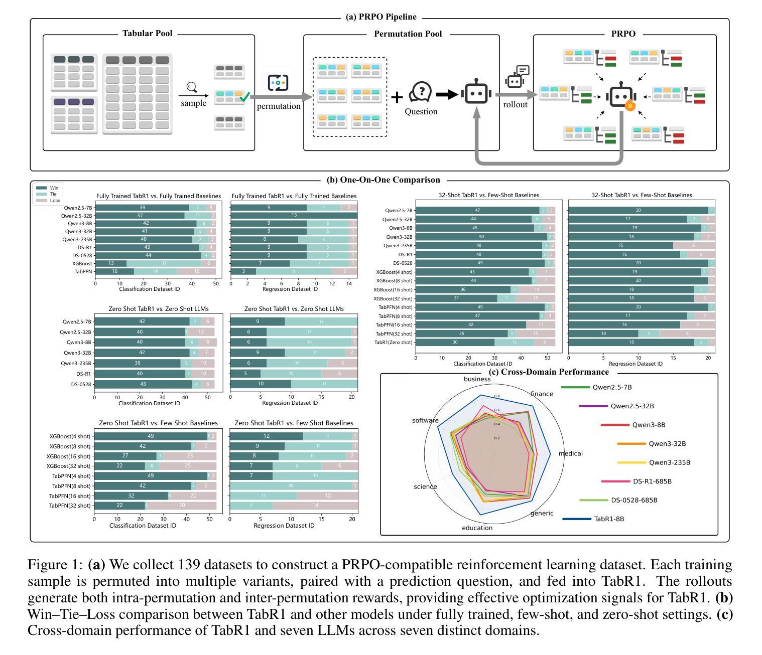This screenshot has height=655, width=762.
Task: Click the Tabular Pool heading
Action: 147,34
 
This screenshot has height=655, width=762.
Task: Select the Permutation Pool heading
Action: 408,34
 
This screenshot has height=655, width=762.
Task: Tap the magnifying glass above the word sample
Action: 191,88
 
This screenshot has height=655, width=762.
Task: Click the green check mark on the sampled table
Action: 244,97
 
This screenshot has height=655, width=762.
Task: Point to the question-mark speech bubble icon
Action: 421,92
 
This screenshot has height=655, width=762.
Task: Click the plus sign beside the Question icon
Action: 397,97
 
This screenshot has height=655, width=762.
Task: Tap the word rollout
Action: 515,104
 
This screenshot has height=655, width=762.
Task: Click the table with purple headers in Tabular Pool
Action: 73,115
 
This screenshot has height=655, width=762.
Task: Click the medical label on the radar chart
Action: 570,453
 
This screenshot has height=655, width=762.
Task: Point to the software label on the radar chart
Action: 425,420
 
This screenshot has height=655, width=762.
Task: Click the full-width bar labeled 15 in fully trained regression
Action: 294,216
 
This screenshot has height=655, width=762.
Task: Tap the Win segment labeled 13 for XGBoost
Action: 110,263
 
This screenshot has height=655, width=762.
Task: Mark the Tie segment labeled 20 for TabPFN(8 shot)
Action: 291,486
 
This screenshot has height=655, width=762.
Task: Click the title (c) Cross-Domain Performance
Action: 548,372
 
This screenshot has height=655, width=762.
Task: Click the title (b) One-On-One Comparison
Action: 383,180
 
